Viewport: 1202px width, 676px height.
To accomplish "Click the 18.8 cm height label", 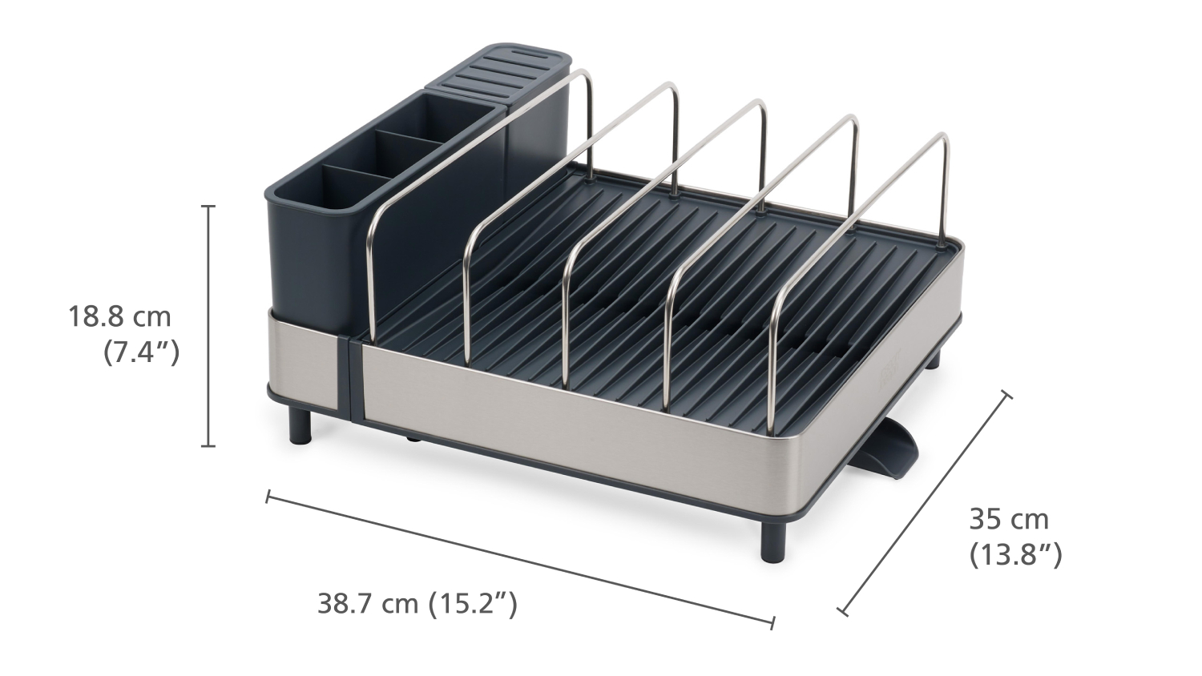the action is click(x=119, y=317).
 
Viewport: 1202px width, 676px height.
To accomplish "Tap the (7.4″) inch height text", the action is click(x=141, y=353).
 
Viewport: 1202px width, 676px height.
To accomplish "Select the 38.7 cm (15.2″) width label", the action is click(x=417, y=603).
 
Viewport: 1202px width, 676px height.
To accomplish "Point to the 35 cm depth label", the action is click(x=1009, y=520).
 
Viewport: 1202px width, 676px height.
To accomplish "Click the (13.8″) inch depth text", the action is click(x=1016, y=555).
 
